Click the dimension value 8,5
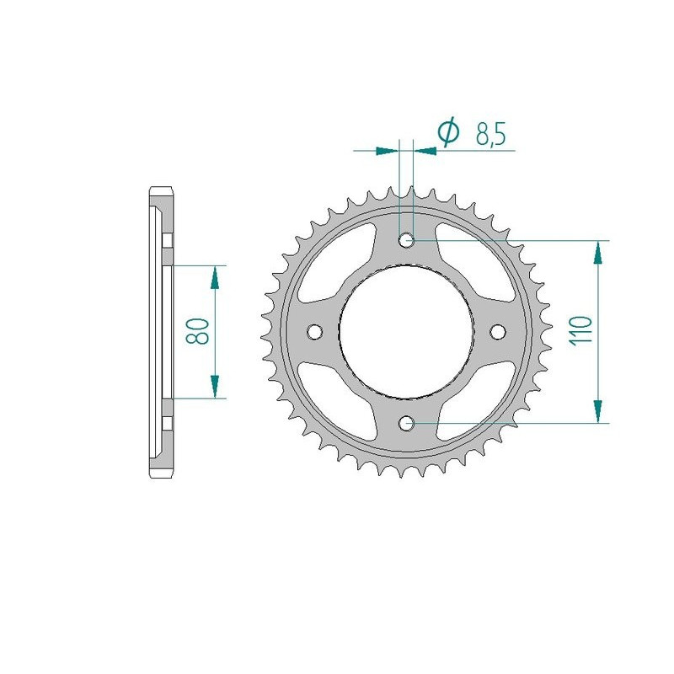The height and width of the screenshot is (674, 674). click(490, 136)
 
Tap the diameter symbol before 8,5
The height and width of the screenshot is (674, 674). click(447, 132)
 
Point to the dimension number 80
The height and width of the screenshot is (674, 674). click(201, 331)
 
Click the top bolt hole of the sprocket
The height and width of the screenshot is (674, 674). click(408, 241)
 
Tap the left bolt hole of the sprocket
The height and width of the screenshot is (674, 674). click(317, 330)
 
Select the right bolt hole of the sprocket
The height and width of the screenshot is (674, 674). click(497, 330)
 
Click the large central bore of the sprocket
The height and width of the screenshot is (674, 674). click(407, 330)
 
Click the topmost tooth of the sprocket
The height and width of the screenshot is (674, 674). click(411, 192)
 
